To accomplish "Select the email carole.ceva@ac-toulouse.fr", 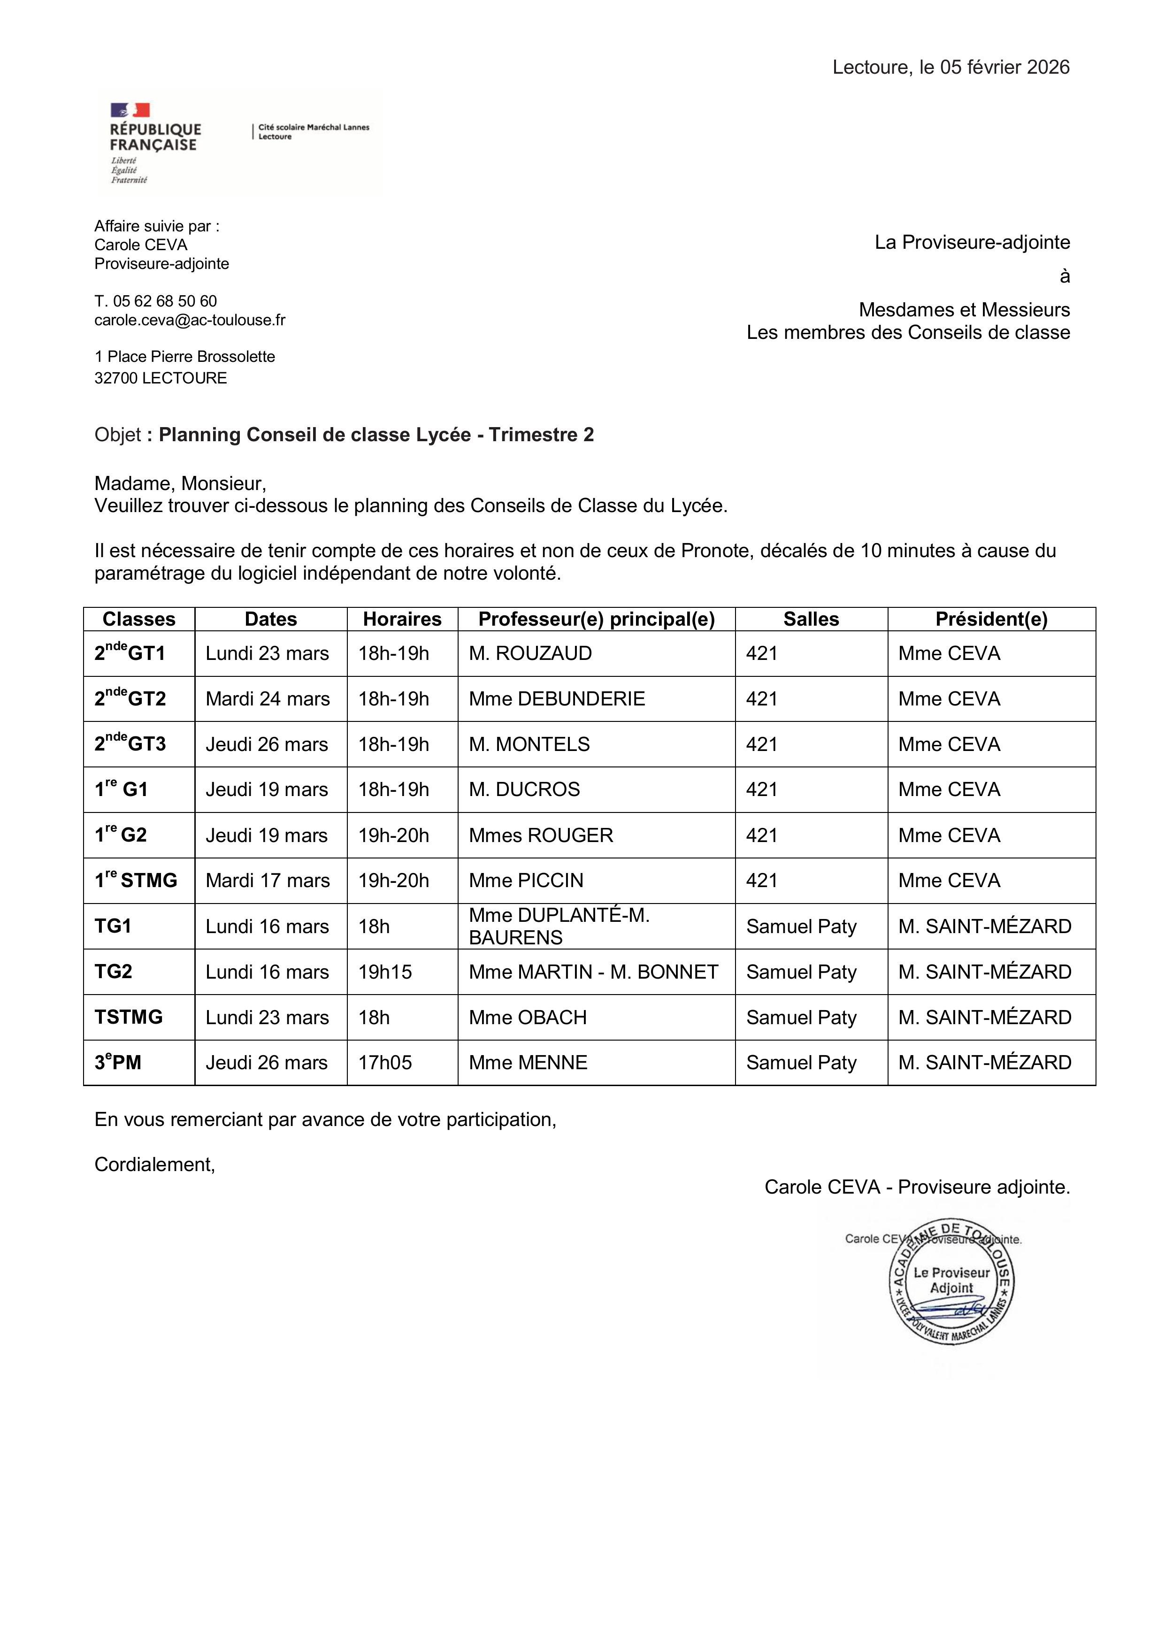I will [x=189, y=320].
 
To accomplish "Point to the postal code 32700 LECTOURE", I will [x=161, y=378].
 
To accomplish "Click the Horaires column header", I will [x=402, y=619].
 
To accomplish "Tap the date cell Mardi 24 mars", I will [x=268, y=699].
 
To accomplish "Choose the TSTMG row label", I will [x=129, y=1017].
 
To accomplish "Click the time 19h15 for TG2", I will [x=385, y=972].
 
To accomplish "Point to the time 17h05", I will [x=385, y=1062].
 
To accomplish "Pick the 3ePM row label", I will [x=118, y=1062].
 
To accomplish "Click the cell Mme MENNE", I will [x=528, y=1062].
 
